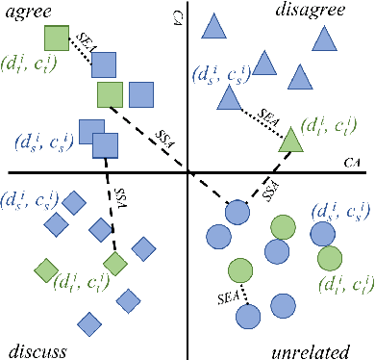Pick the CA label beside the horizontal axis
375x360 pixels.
[353, 165]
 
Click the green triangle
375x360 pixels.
[292, 140]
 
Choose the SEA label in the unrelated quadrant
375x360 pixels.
[229, 279]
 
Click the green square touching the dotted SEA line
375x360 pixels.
[58, 39]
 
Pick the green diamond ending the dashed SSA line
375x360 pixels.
[115, 263]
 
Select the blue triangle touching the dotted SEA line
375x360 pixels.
[229, 97]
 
